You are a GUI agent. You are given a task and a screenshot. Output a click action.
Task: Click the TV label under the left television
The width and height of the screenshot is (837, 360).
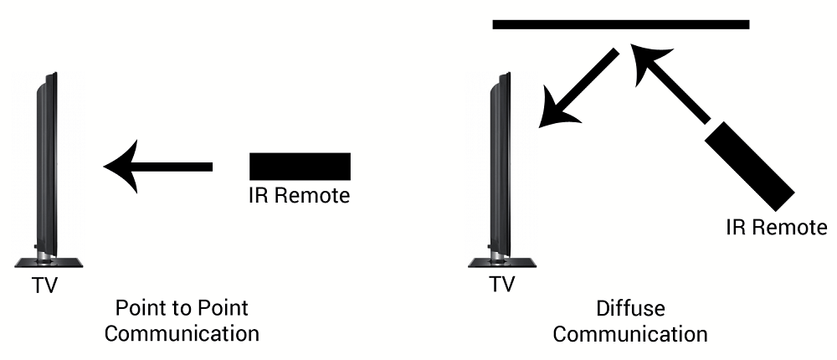point(45,285)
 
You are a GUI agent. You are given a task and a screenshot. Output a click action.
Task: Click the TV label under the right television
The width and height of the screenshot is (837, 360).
point(501,285)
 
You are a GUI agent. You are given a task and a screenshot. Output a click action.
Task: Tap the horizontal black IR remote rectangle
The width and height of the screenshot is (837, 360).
point(300,166)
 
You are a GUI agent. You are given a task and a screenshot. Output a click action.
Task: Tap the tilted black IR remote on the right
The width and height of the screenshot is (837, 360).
point(749,167)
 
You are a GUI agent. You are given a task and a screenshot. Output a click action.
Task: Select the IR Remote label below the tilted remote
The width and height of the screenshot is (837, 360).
point(777,227)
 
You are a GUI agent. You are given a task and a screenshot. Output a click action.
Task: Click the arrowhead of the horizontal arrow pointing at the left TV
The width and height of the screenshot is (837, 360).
point(122,167)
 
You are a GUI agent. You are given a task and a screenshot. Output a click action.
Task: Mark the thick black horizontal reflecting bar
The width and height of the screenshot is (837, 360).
point(620,24)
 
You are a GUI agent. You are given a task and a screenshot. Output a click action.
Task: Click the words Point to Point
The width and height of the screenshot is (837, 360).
point(182,308)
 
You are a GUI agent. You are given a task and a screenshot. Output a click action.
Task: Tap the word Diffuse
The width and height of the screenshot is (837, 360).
point(630,309)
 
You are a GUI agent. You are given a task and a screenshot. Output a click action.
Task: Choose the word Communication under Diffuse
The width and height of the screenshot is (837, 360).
point(630,335)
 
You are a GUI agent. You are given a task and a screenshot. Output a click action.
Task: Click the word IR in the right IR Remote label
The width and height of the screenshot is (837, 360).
point(737,227)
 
